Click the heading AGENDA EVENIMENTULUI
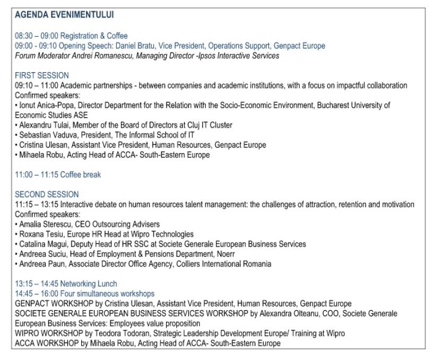point(64,14)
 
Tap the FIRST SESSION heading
point(42,75)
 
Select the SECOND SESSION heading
point(47,195)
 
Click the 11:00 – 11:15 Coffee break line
point(58,175)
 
